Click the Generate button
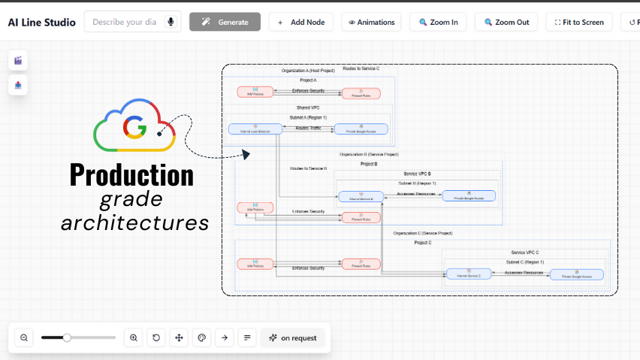(x=225, y=22)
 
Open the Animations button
(x=371, y=22)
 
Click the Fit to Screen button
(x=579, y=22)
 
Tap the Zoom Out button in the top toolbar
(x=507, y=22)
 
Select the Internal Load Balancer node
(x=255, y=129)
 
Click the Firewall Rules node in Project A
(x=361, y=93)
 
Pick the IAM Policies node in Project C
(x=255, y=264)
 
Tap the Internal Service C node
(x=468, y=274)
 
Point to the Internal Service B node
(x=362, y=197)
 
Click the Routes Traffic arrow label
(x=308, y=129)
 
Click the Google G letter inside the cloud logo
(x=134, y=129)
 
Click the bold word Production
(x=131, y=174)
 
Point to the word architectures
(x=134, y=222)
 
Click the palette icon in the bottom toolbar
(x=201, y=338)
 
